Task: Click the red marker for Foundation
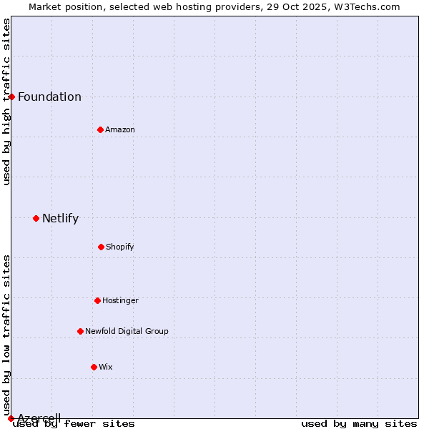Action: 11,97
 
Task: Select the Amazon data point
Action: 100,129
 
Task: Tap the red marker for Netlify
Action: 36,218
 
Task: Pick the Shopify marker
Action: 101,247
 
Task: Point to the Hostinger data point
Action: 97,300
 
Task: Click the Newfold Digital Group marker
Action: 80,331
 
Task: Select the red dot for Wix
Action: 94,367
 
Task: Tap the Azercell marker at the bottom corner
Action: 11,418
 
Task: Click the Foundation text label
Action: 49,97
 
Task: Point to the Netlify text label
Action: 60,219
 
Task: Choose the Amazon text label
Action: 120,130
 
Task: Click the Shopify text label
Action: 120,247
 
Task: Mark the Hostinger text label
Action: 120,301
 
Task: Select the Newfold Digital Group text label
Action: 127,332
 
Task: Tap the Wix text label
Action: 106,368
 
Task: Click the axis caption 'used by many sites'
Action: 359,424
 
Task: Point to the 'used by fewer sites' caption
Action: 74,424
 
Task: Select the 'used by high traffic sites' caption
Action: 6,102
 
